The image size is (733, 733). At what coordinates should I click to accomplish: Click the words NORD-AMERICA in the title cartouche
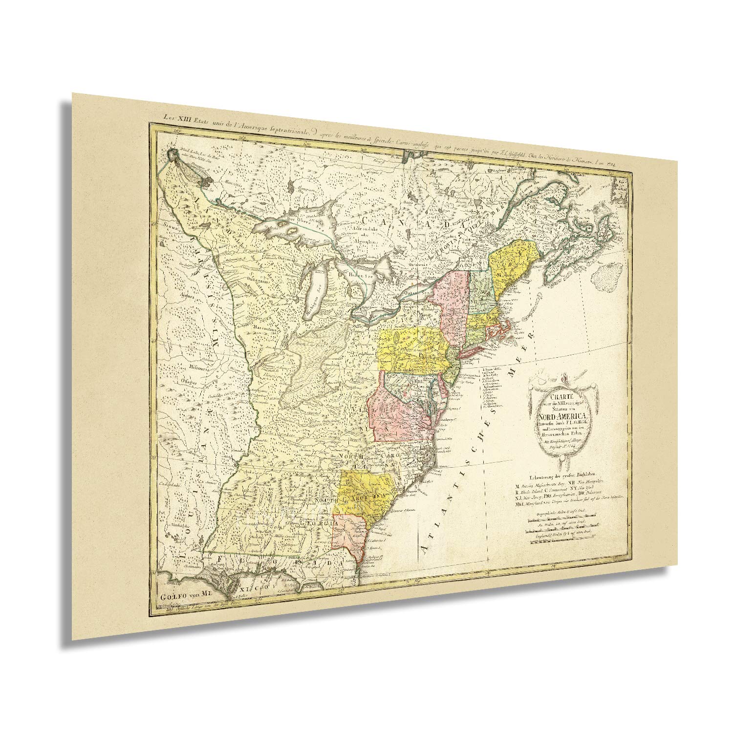coord(562,416)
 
